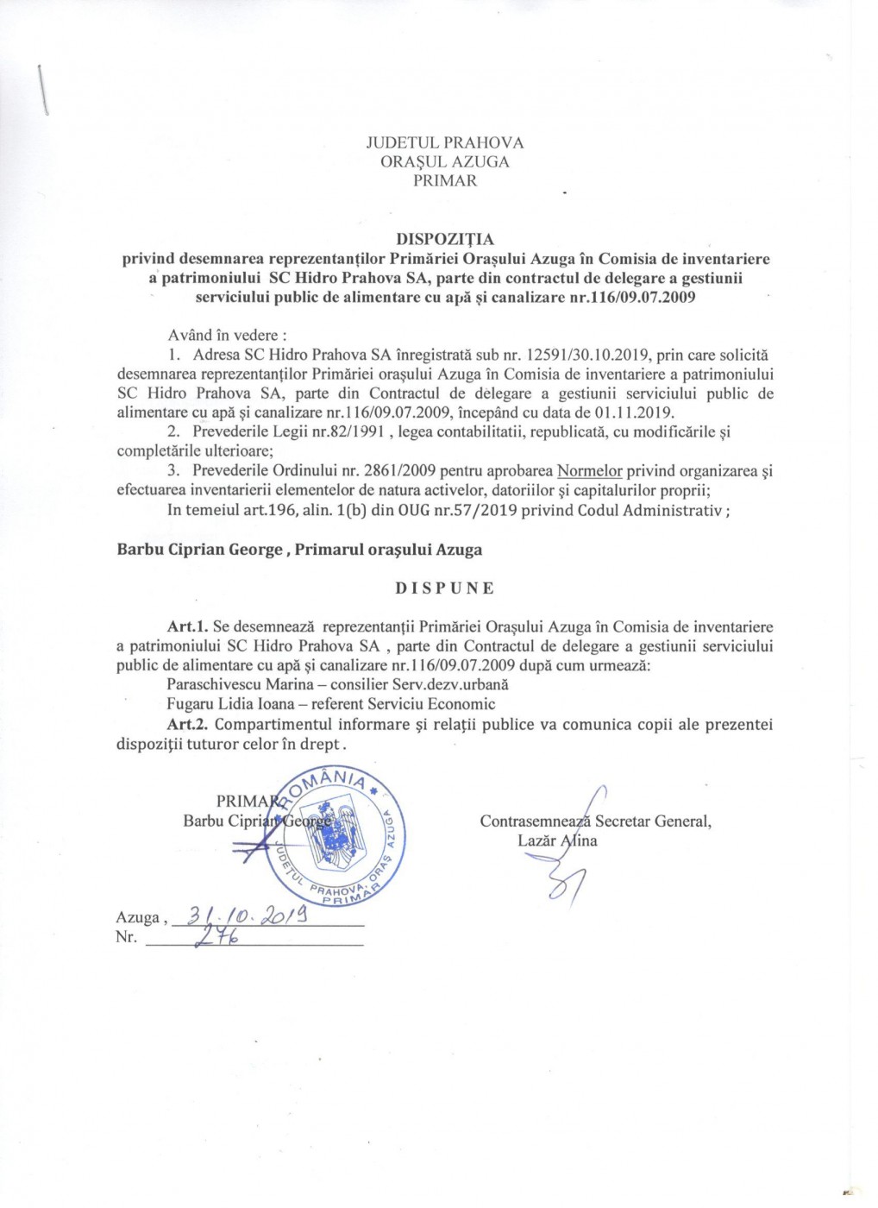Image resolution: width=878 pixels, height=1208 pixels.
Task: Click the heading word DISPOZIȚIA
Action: [444, 239]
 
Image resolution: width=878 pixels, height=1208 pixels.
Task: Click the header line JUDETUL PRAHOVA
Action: [444, 142]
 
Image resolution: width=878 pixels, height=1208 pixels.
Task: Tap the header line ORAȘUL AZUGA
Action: [444, 161]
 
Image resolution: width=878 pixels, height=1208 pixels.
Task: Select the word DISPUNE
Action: [445, 588]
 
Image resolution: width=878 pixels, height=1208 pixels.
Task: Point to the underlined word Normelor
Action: [589, 471]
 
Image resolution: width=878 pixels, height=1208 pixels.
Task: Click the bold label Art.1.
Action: [187, 627]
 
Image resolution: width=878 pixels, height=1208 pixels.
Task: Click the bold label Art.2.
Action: [188, 725]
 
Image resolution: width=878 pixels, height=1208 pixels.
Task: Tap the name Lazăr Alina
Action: [556, 840]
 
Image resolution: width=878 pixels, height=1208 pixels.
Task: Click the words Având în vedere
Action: [227, 336]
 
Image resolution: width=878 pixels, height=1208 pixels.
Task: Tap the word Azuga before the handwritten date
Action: [138, 918]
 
